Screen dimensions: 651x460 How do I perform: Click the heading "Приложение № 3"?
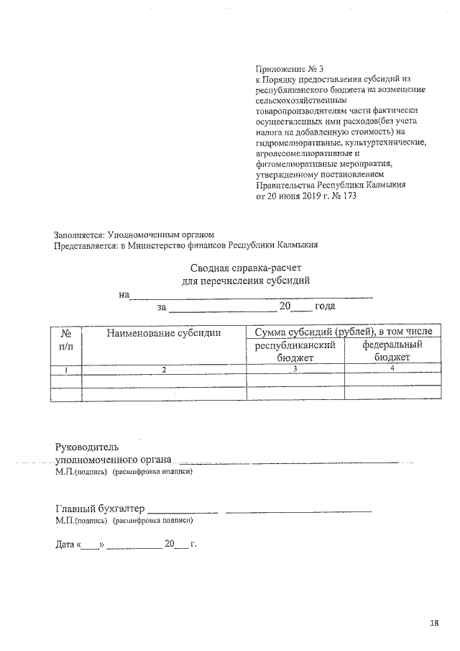(x=290, y=68)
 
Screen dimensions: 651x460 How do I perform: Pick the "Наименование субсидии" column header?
(x=163, y=332)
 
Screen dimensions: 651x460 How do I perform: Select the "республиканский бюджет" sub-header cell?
(x=295, y=351)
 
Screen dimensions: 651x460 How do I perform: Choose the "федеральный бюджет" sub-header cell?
(x=391, y=351)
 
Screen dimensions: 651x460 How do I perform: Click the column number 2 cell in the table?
(x=163, y=369)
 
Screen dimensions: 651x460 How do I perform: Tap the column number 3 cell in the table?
(x=295, y=369)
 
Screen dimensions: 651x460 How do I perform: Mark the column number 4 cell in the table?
(x=391, y=369)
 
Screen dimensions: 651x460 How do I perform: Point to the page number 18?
(x=433, y=622)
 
